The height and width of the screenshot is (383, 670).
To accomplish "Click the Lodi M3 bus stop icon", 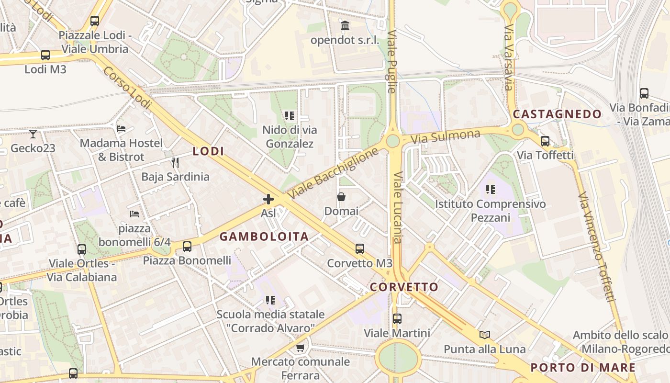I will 45,55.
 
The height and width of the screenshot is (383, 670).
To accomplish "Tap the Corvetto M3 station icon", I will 360,249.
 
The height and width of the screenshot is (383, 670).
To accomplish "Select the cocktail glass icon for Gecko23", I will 33,134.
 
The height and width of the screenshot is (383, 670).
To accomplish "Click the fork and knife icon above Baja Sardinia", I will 175,163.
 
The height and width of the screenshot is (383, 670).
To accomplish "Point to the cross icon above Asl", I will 268,199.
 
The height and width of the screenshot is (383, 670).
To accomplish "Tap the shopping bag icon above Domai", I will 341,197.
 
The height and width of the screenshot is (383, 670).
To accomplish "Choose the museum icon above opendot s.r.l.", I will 345,25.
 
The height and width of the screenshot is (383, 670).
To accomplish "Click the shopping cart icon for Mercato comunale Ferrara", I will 300,348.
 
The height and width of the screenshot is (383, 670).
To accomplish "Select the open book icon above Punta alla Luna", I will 485,335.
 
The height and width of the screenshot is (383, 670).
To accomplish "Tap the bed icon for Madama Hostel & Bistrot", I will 121,128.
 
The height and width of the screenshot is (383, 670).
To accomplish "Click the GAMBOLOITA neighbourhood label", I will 264,237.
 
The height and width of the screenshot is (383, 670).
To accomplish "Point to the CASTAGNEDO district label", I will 557,114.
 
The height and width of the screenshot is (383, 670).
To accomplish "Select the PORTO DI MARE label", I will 583,368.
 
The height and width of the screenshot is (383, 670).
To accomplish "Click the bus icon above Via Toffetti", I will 545,141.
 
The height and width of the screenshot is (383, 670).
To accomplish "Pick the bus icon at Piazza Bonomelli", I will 187,247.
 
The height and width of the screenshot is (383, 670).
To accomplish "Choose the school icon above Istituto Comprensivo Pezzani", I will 490,190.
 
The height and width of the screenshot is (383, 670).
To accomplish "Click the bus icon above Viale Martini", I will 397,318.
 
